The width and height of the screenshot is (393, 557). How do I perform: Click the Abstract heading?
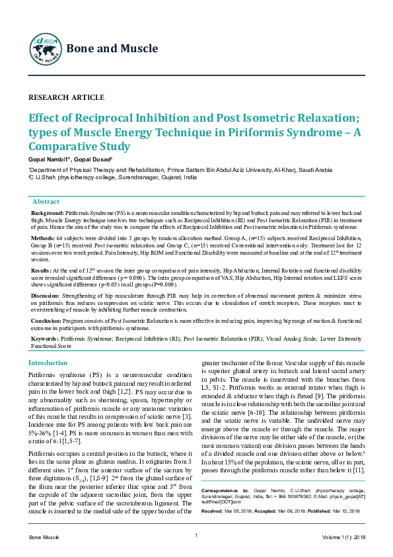click(x=46, y=201)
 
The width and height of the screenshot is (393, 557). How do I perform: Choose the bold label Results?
click(x=41, y=270)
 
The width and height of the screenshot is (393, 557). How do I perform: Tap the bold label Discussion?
click(x=46, y=294)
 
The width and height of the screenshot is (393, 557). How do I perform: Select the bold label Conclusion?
click(x=47, y=319)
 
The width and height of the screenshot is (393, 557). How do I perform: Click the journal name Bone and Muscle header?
click(x=112, y=48)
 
